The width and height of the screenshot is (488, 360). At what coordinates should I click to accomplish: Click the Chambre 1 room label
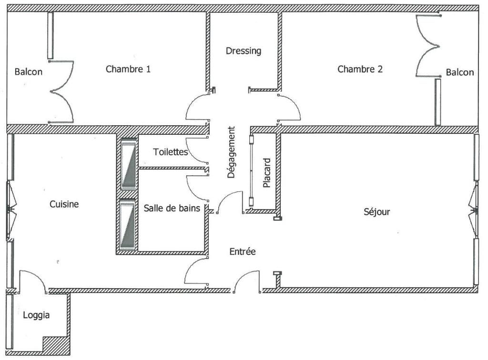[128, 69]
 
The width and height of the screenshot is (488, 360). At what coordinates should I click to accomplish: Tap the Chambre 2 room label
[360, 69]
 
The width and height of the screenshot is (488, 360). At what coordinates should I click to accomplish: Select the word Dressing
[244, 51]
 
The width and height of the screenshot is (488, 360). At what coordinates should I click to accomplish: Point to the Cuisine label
[64, 204]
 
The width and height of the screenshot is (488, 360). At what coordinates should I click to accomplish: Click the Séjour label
[376, 212]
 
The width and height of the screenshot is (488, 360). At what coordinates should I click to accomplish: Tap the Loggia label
[36, 315]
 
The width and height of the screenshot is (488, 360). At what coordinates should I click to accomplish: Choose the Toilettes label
[171, 152]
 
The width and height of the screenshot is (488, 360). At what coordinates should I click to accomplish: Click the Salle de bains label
[172, 208]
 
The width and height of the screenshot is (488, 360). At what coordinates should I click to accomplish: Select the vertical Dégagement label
[231, 152]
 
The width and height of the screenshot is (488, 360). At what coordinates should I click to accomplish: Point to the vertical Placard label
[267, 173]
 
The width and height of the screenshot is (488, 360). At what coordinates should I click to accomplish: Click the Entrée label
[243, 251]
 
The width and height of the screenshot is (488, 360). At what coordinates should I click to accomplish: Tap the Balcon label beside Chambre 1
[28, 72]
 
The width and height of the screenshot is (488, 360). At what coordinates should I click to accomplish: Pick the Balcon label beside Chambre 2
[460, 72]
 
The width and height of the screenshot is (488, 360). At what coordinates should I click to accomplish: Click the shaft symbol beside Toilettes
[129, 164]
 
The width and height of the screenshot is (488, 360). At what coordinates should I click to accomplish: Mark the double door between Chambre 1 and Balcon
[61, 92]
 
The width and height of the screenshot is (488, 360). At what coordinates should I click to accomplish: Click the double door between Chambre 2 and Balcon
[428, 46]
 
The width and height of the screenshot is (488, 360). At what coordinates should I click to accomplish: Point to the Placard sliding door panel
[252, 170]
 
